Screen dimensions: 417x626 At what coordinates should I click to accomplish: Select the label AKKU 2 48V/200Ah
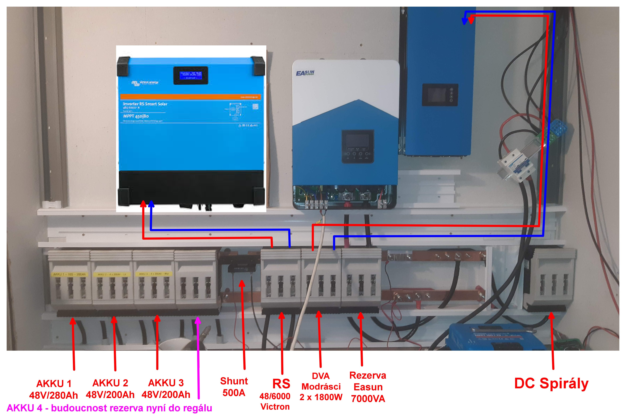tap(110, 389)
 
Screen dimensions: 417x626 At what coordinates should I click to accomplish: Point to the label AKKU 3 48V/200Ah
tap(166, 389)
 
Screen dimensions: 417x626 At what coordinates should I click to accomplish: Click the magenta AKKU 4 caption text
tap(109, 408)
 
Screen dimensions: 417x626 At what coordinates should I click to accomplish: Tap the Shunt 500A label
tap(234, 387)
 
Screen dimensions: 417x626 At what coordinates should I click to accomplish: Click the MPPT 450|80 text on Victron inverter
tap(136, 116)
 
